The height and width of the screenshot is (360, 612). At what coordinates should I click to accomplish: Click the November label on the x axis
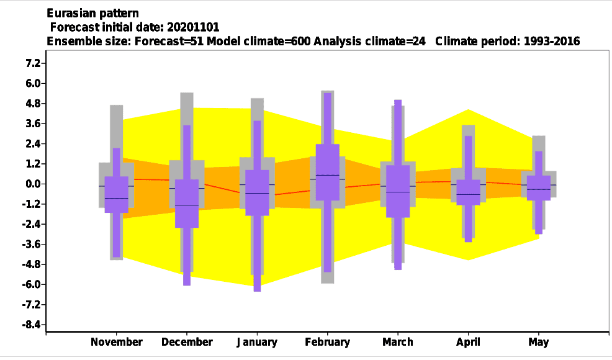coord(116,342)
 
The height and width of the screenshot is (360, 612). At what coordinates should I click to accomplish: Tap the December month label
coord(187,342)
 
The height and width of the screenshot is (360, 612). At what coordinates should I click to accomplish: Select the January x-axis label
coord(257,343)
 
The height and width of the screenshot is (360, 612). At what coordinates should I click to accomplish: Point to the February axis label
coord(328,343)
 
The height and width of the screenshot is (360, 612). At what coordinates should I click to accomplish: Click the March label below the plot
coord(398,342)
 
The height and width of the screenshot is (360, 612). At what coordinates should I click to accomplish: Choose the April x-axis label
coord(469,343)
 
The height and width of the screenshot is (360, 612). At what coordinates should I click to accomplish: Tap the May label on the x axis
coord(539,343)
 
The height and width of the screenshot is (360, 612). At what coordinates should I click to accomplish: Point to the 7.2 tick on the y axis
coord(33,63)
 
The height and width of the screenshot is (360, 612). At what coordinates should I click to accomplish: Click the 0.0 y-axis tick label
coord(33,184)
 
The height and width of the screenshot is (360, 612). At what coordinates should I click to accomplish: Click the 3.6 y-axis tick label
coord(33,124)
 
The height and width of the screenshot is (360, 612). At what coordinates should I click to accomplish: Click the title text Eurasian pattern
coord(92,13)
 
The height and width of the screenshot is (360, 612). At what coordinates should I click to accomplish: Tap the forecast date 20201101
coord(193,27)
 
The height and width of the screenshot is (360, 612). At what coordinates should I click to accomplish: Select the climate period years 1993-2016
coord(552,42)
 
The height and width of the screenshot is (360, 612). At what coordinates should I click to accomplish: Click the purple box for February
coord(328,172)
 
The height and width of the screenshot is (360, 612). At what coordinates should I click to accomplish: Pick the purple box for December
coord(187,204)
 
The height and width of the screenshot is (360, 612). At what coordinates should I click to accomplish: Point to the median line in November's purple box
coord(116,199)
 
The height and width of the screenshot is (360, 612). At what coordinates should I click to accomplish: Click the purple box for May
coord(539,188)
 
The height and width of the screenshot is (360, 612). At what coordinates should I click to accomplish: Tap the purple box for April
coord(469,192)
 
